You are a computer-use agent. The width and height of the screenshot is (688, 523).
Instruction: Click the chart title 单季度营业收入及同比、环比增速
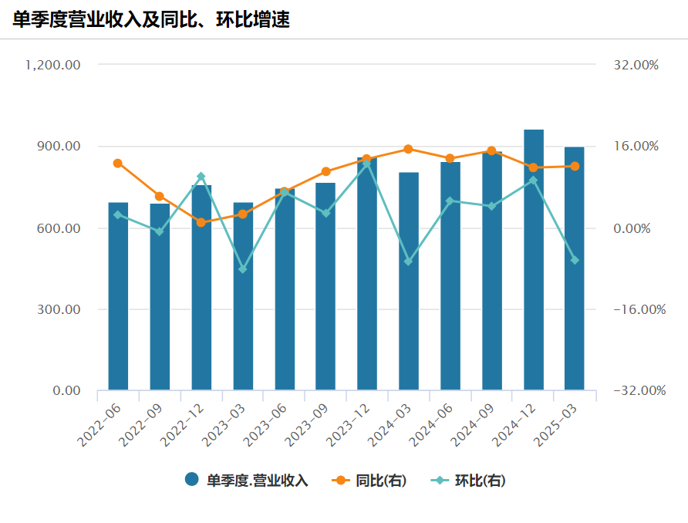click(151, 19)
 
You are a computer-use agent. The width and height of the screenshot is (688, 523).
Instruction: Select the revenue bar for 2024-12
click(534, 259)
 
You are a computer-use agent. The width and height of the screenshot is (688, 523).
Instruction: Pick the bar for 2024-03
click(409, 281)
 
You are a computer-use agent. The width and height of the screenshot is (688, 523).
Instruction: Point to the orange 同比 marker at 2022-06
click(118, 163)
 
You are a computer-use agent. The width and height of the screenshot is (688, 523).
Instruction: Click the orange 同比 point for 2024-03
click(409, 149)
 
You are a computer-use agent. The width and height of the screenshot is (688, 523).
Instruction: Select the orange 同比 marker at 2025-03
click(575, 166)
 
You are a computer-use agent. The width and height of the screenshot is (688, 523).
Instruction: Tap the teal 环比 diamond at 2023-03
click(243, 269)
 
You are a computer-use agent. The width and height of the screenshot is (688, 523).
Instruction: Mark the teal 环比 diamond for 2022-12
click(201, 177)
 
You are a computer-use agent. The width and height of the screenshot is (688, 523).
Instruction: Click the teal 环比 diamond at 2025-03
click(575, 260)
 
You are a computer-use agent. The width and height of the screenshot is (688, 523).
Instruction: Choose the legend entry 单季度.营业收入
click(247, 481)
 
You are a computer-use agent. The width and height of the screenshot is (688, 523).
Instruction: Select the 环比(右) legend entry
click(470, 481)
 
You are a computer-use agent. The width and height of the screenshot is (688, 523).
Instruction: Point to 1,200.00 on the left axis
click(53, 65)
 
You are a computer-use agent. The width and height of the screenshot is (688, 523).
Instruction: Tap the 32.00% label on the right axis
click(636, 65)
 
